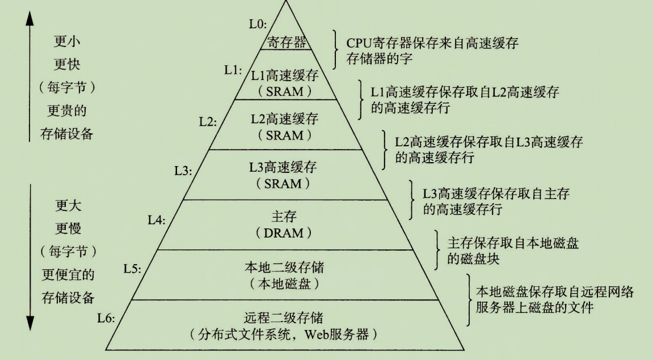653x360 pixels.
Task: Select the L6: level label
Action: click(x=107, y=319)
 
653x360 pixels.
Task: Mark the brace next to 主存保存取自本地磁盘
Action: click(x=437, y=250)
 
